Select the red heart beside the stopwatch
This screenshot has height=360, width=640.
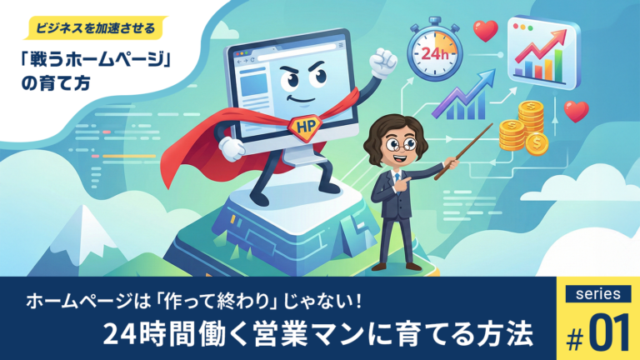(x=485, y=30)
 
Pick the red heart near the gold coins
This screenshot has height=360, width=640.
(x=575, y=111)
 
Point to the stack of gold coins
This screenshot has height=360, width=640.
(x=522, y=127)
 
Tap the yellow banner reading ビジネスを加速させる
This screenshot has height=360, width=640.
(x=92, y=27)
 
